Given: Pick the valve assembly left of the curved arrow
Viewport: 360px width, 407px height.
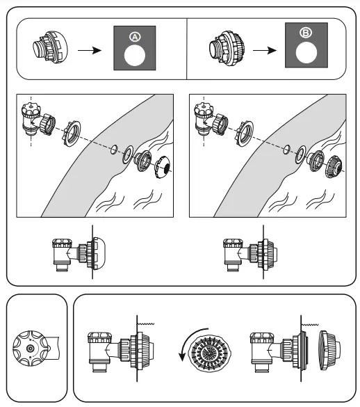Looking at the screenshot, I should pyautogui.click(x=115, y=348).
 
